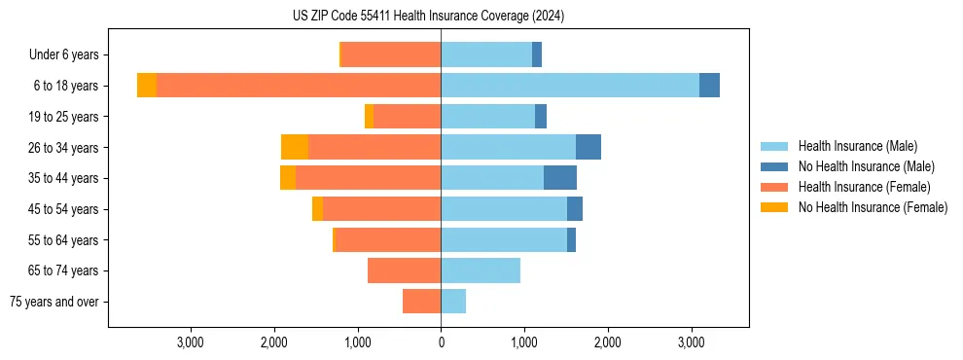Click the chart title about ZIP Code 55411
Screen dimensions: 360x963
(428, 16)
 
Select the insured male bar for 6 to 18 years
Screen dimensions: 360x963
(570, 86)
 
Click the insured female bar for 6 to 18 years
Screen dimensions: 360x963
(299, 86)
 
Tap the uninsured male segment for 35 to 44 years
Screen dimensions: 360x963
(560, 178)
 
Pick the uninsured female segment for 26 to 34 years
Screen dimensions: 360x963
(295, 147)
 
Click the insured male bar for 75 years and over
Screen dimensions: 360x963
(453, 302)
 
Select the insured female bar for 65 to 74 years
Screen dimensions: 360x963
(404, 270)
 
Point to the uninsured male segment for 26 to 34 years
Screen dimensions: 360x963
(588, 147)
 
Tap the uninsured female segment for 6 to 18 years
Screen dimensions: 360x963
(147, 86)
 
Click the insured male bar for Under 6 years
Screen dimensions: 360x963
(486, 54)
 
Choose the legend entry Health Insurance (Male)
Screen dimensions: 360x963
(856, 146)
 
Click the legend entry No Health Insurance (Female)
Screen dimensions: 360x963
(872, 207)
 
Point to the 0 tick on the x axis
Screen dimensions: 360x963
(441, 342)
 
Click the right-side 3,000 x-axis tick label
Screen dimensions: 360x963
(691, 342)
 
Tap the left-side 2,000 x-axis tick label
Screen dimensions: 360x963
(274, 342)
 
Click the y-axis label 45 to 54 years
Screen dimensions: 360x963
(63, 209)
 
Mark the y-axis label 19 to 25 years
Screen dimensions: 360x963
(63, 117)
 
